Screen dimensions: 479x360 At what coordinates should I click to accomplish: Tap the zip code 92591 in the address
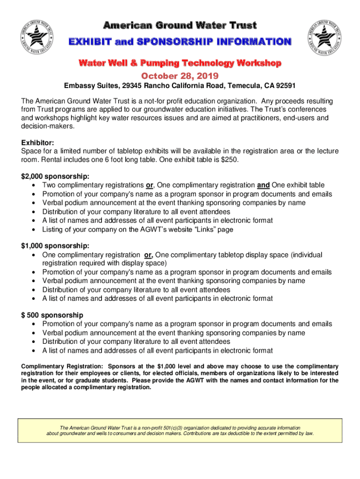tap(286, 87)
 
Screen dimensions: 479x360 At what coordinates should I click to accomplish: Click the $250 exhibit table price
tap(231, 160)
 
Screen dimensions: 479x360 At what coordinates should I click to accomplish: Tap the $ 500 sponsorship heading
tap(52, 315)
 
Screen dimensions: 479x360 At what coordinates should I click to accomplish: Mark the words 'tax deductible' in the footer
tap(242, 433)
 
